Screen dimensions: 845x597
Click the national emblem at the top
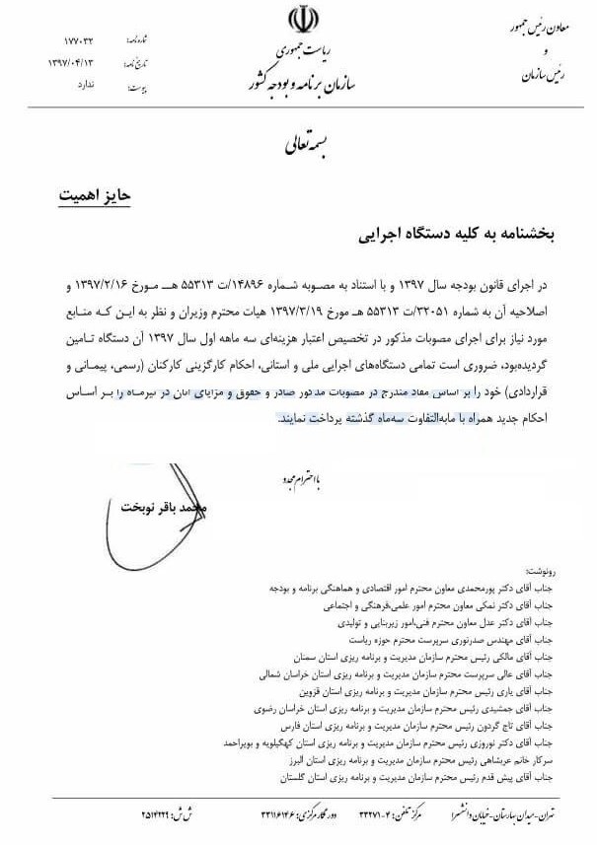(x=298, y=21)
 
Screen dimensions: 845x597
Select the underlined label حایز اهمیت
(x=96, y=194)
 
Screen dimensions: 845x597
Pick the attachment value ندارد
(x=87, y=85)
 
